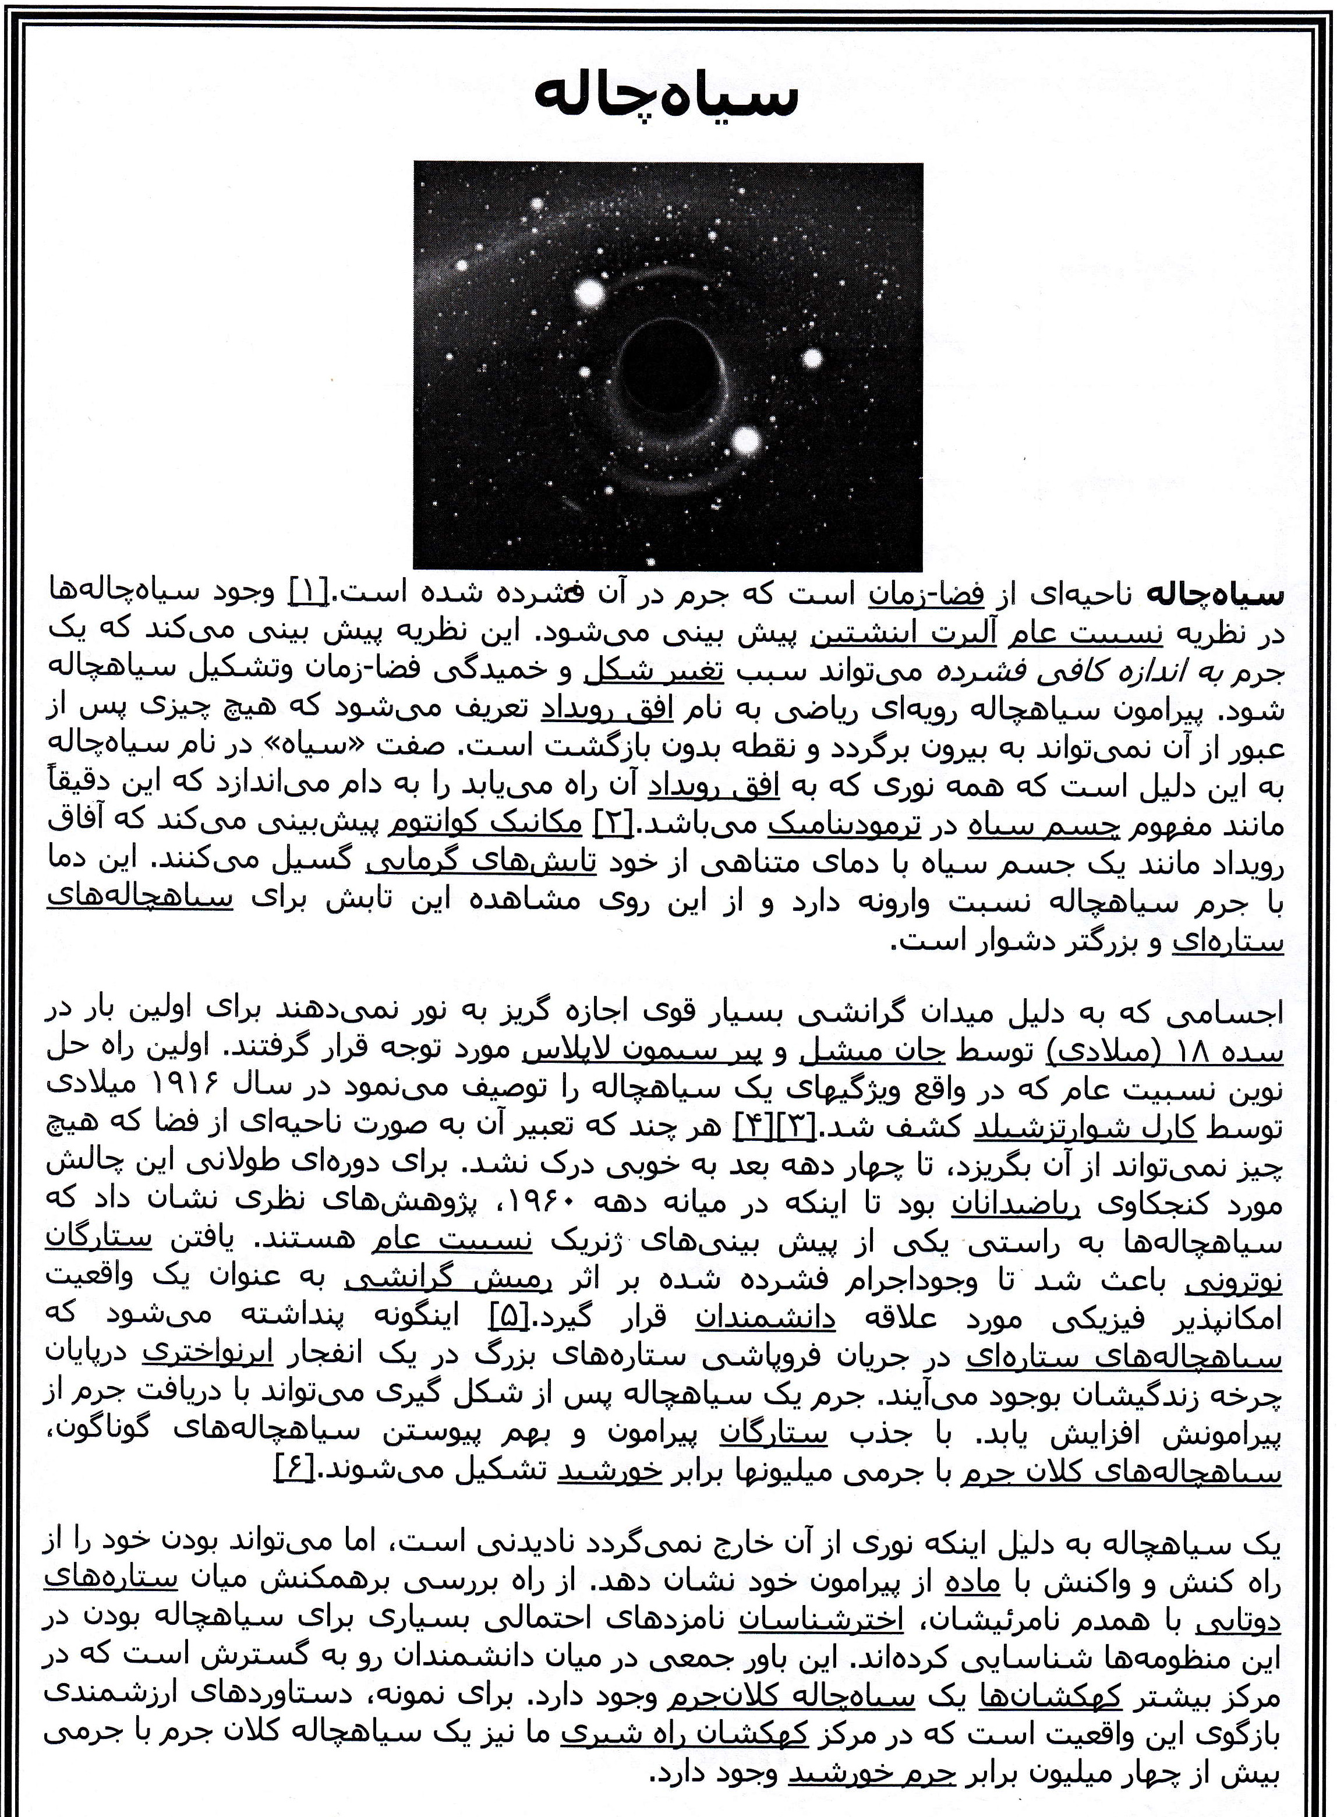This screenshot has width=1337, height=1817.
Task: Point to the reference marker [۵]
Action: (510, 1318)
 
